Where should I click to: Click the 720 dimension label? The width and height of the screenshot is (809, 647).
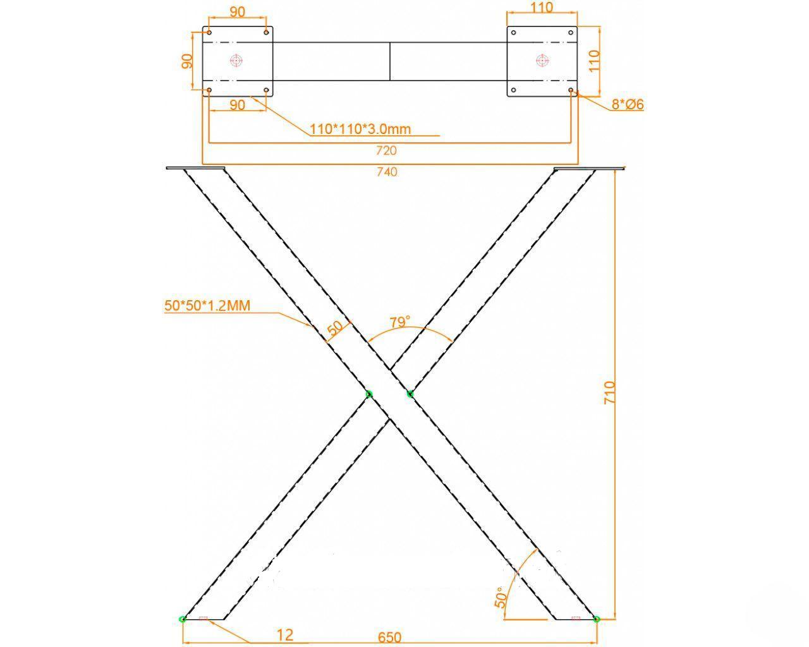click(x=386, y=151)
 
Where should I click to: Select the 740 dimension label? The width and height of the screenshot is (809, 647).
click(x=387, y=172)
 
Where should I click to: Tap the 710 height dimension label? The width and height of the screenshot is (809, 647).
click(x=609, y=392)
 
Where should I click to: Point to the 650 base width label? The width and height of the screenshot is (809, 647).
click(x=389, y=638)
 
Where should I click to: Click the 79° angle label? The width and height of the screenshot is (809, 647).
click(x=399, y=322)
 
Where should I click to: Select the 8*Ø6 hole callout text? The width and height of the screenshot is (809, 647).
click(x=628, y=104)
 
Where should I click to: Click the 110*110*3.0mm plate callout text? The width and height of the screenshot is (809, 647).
click(x=360, y=130)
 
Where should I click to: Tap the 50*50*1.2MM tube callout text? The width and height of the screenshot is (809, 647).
click(x=207, y=306)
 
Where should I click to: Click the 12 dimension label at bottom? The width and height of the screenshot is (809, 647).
click(x=284, y=635)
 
